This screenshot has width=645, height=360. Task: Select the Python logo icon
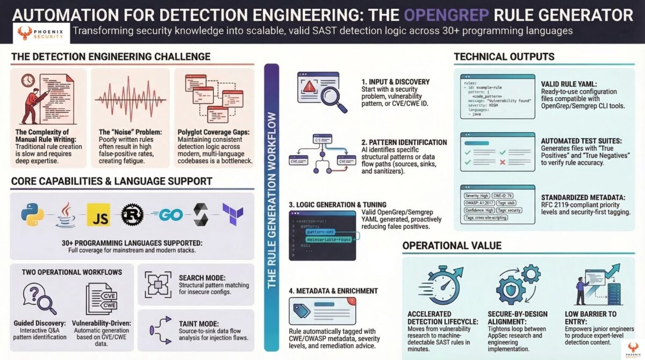(33, 214)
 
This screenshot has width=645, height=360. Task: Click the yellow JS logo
(98, 214)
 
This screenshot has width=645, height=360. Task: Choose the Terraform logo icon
(233, 214)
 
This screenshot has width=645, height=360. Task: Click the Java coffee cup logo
(66, 214)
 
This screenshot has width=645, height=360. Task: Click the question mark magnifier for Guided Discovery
(39, 300)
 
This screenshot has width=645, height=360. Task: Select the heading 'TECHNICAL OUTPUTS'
(504, 57)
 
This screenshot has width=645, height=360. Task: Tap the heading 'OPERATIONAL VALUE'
(451, 246)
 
